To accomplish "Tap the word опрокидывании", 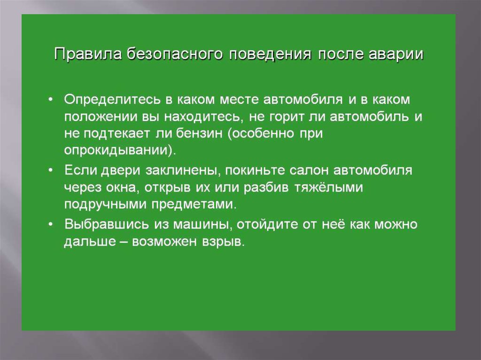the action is point(116,151).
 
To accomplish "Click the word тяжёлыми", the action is point(328,187).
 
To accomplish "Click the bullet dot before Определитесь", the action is point(51,100).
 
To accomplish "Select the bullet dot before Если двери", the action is point(51,170).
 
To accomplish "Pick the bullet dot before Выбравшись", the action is point(51,224).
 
